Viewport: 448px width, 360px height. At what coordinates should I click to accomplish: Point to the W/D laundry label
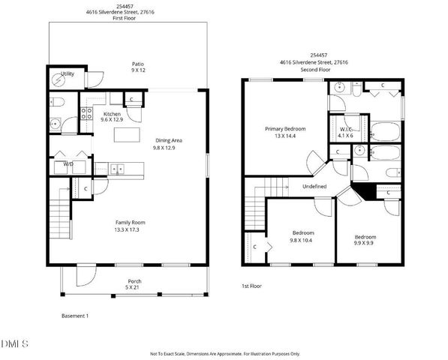pos(68,163)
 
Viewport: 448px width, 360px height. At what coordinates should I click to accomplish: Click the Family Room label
pos(129,221)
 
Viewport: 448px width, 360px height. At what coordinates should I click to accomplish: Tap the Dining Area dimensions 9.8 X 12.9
pos(169,148)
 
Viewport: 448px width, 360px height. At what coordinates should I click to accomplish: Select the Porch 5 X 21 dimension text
pos(134,287)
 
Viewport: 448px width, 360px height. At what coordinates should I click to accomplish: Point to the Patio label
pos(138,64)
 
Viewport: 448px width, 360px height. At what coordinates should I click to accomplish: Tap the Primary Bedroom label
pos(285,129)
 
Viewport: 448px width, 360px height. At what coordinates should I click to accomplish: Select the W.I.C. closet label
pos(345,128)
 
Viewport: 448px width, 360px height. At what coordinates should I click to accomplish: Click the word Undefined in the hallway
pos(314,185)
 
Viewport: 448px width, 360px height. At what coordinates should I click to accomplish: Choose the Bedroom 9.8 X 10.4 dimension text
pos(302,241)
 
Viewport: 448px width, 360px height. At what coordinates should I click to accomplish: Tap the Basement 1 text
pos(75,316)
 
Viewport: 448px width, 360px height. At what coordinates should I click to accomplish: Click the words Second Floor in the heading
pos(314,69)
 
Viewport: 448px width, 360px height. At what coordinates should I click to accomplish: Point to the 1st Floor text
pos(251,286)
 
